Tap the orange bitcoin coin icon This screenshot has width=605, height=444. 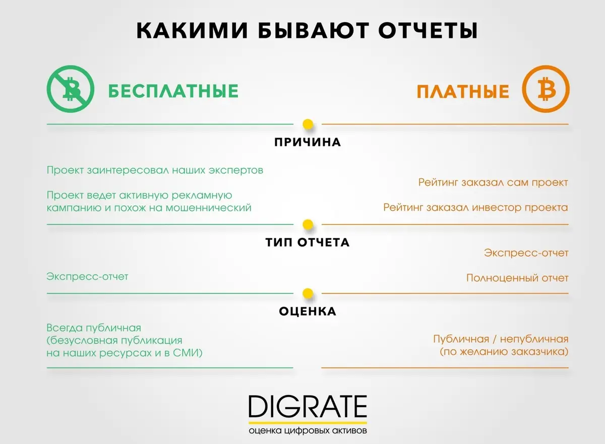pyautogui.click(x=546, y=89)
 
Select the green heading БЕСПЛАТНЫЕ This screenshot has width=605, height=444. pyautogui.click(x=173, y=91)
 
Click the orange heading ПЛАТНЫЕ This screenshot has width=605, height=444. pyautogui.click(x=463, y=91)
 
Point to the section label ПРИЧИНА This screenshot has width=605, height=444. pyautogui.click(x=308, y=142)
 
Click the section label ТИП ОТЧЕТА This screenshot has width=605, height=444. pyautogui.click(x=308, y=242)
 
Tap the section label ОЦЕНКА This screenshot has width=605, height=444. pyautogui.click(x=308, y=311)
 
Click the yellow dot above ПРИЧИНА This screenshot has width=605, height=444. pyautogui.click(x=308, y=124)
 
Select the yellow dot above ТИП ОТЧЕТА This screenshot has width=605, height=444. pyautogui.click(x=308, y=225)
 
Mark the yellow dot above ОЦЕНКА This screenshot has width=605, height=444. pyautogui.click(x=308, y=293)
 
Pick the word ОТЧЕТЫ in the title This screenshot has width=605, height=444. pyautogui.click(x=428, y=30)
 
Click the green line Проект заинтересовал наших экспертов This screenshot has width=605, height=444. pyautogui.click(x=155, y=170)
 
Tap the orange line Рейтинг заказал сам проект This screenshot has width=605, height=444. pyautogui.click(x=493, y=182)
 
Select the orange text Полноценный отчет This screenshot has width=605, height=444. pyautogui.click(x=517, y=278)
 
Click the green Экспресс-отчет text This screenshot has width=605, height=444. pyautogui.click(x=87, y=277)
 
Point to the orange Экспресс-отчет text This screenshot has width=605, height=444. pyautogui.click(x=526, y=253)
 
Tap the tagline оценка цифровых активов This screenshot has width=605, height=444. pyautogui.click(x=308, y=430)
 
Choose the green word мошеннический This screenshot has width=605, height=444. pyautogui.click(x=208, y=208)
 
